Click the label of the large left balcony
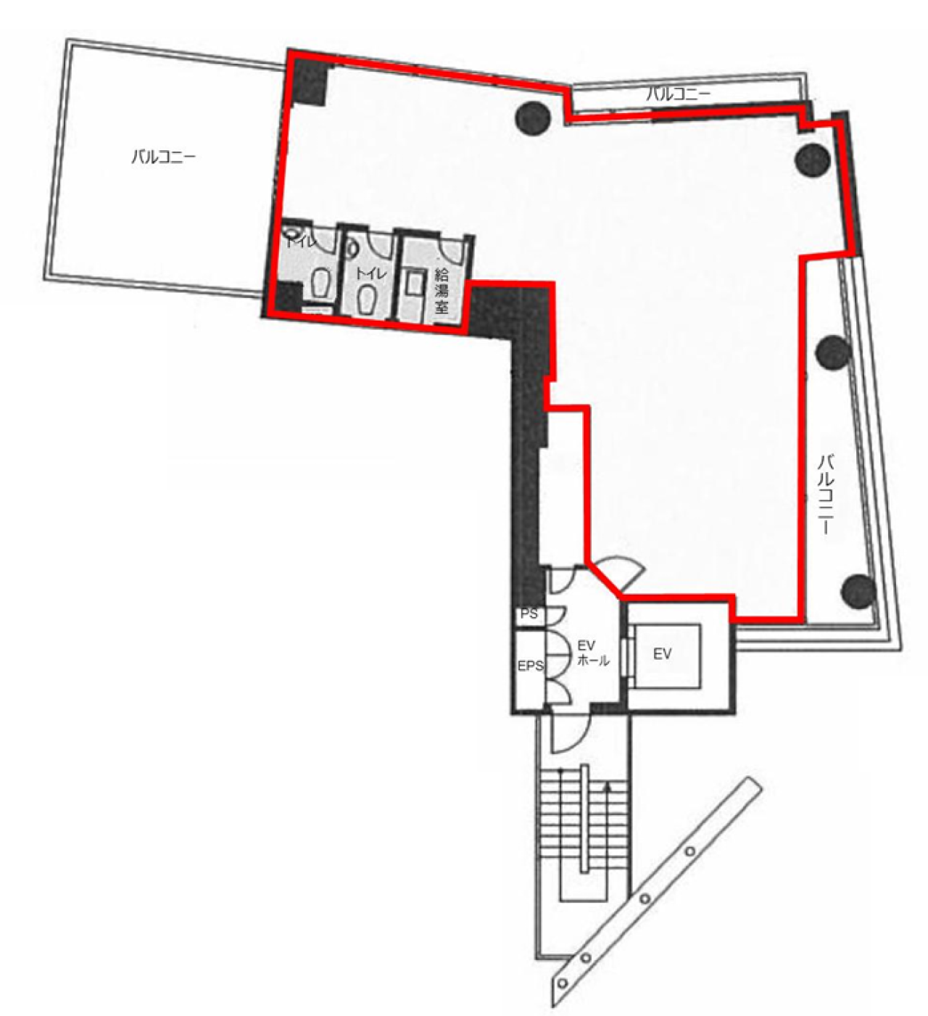tap(163, 157)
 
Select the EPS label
tap(531, 666)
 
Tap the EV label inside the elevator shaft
tap(662, 654)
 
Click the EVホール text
tap(592, 653)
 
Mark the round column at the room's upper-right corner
tap(813, 160)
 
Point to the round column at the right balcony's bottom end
tap(858, 591)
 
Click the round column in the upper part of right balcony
tap(834, 352)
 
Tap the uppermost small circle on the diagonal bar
tap(690, 851)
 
